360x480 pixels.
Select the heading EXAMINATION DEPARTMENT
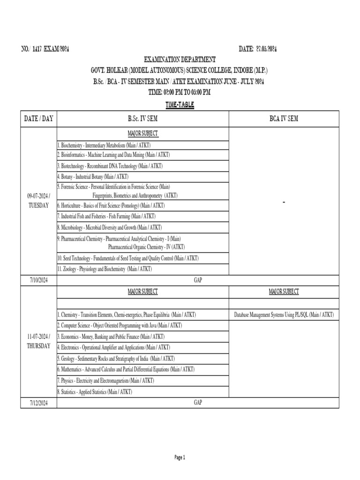180,60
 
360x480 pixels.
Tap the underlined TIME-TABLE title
180,105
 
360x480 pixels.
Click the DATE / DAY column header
38,119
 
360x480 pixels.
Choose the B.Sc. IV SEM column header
142,119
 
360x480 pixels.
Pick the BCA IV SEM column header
283,119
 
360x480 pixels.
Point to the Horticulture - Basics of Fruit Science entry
111,205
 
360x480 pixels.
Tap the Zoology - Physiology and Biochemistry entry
105,269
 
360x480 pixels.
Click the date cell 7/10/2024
38,280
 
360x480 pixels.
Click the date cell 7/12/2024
38,403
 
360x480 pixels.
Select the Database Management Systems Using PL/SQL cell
283,315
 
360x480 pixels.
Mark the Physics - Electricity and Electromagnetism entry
105,380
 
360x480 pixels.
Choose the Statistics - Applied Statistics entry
95,391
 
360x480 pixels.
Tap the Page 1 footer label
180,457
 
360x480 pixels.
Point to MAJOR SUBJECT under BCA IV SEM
283,292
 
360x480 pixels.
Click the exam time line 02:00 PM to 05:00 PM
180,92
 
